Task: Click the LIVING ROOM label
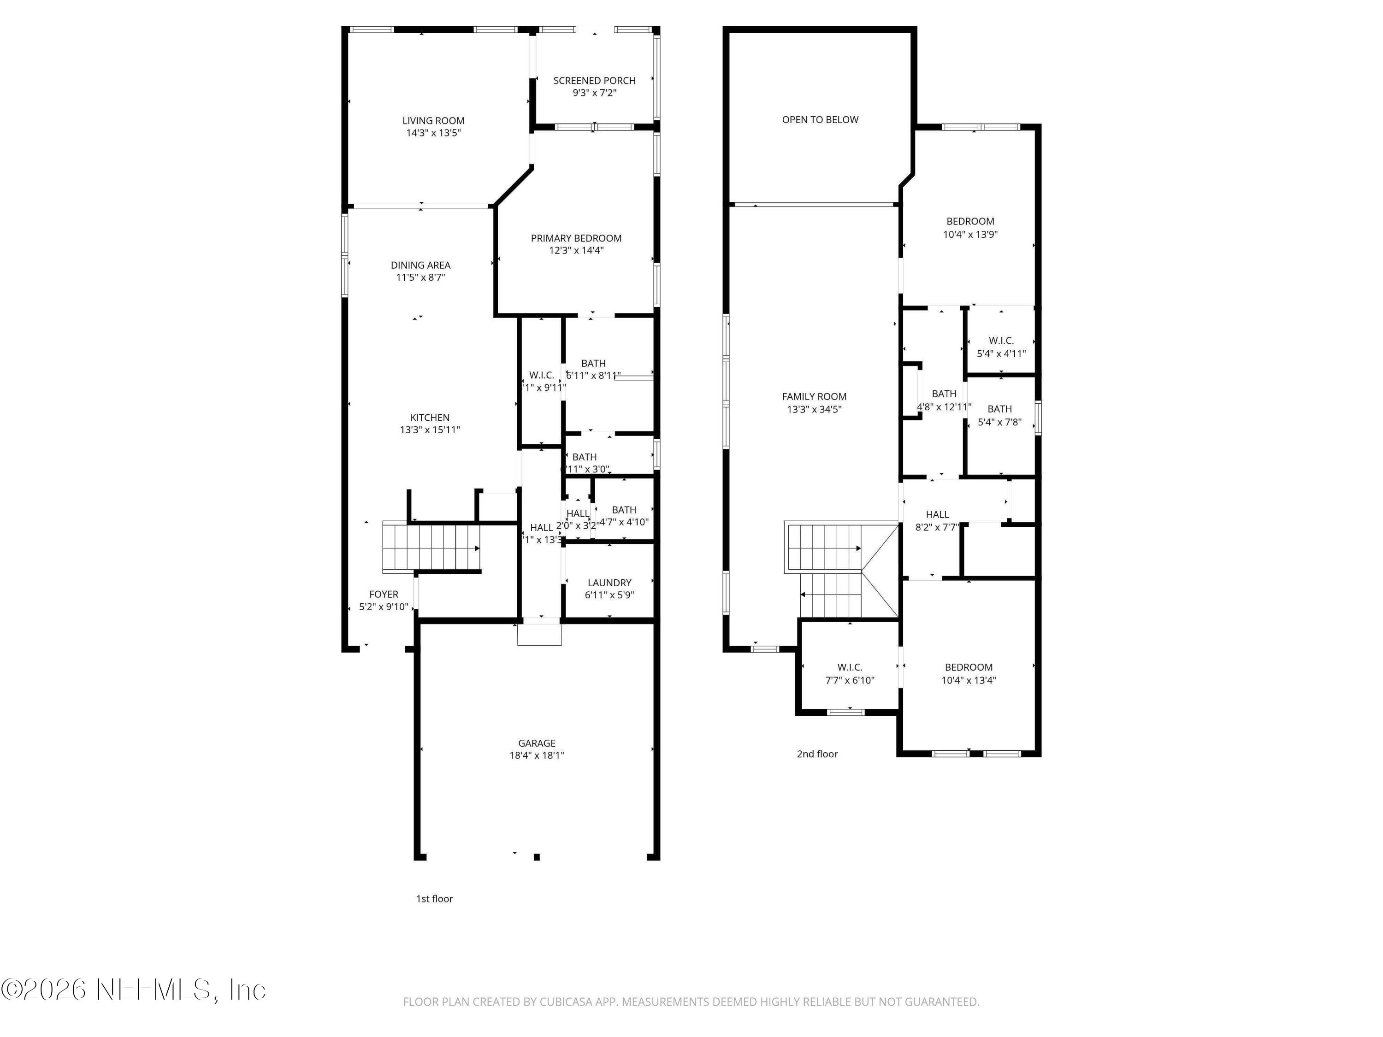click(x=433, y=121)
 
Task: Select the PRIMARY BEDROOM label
click(x=576, y=238)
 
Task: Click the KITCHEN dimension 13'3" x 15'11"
click(x=430, y=430)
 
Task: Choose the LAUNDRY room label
click(x=609, y=583)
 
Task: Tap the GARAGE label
click(x=537, y=743)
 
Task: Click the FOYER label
click(x=383, y=595)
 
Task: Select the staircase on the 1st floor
click(x=431, y=548)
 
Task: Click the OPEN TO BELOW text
click(x=820, y=120)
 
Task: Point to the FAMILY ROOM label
click(x=814, y=396)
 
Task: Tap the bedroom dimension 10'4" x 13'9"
click(x=970, y=235)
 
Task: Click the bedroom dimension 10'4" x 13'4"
click(x=969, y=681)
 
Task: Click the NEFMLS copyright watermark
click(x=133, y=990)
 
